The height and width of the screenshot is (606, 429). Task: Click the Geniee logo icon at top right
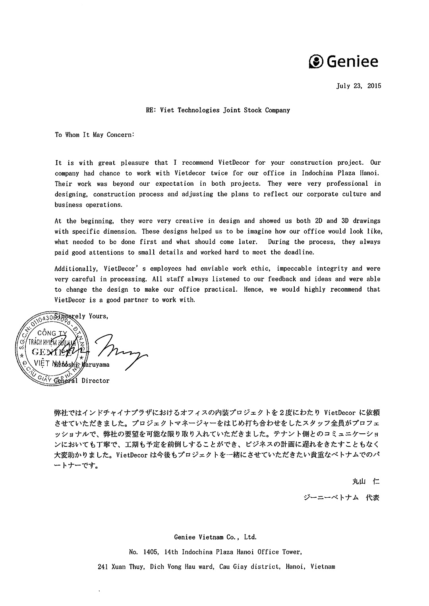point(316,62)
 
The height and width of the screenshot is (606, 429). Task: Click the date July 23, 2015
point(358,86)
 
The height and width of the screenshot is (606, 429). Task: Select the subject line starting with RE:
point(218,110)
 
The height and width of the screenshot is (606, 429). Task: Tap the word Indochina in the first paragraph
point(317,173)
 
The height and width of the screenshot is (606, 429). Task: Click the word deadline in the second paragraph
point(298,252)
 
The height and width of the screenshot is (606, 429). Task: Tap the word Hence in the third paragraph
point(253,290)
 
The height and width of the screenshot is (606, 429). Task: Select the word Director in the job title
point(95,381)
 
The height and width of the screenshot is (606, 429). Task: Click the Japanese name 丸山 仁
point(366,482)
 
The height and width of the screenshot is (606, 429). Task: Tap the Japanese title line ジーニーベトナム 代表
point(341,497)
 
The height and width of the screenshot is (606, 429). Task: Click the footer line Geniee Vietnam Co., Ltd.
point(215,537)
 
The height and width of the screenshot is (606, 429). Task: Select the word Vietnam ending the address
point(323,567)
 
